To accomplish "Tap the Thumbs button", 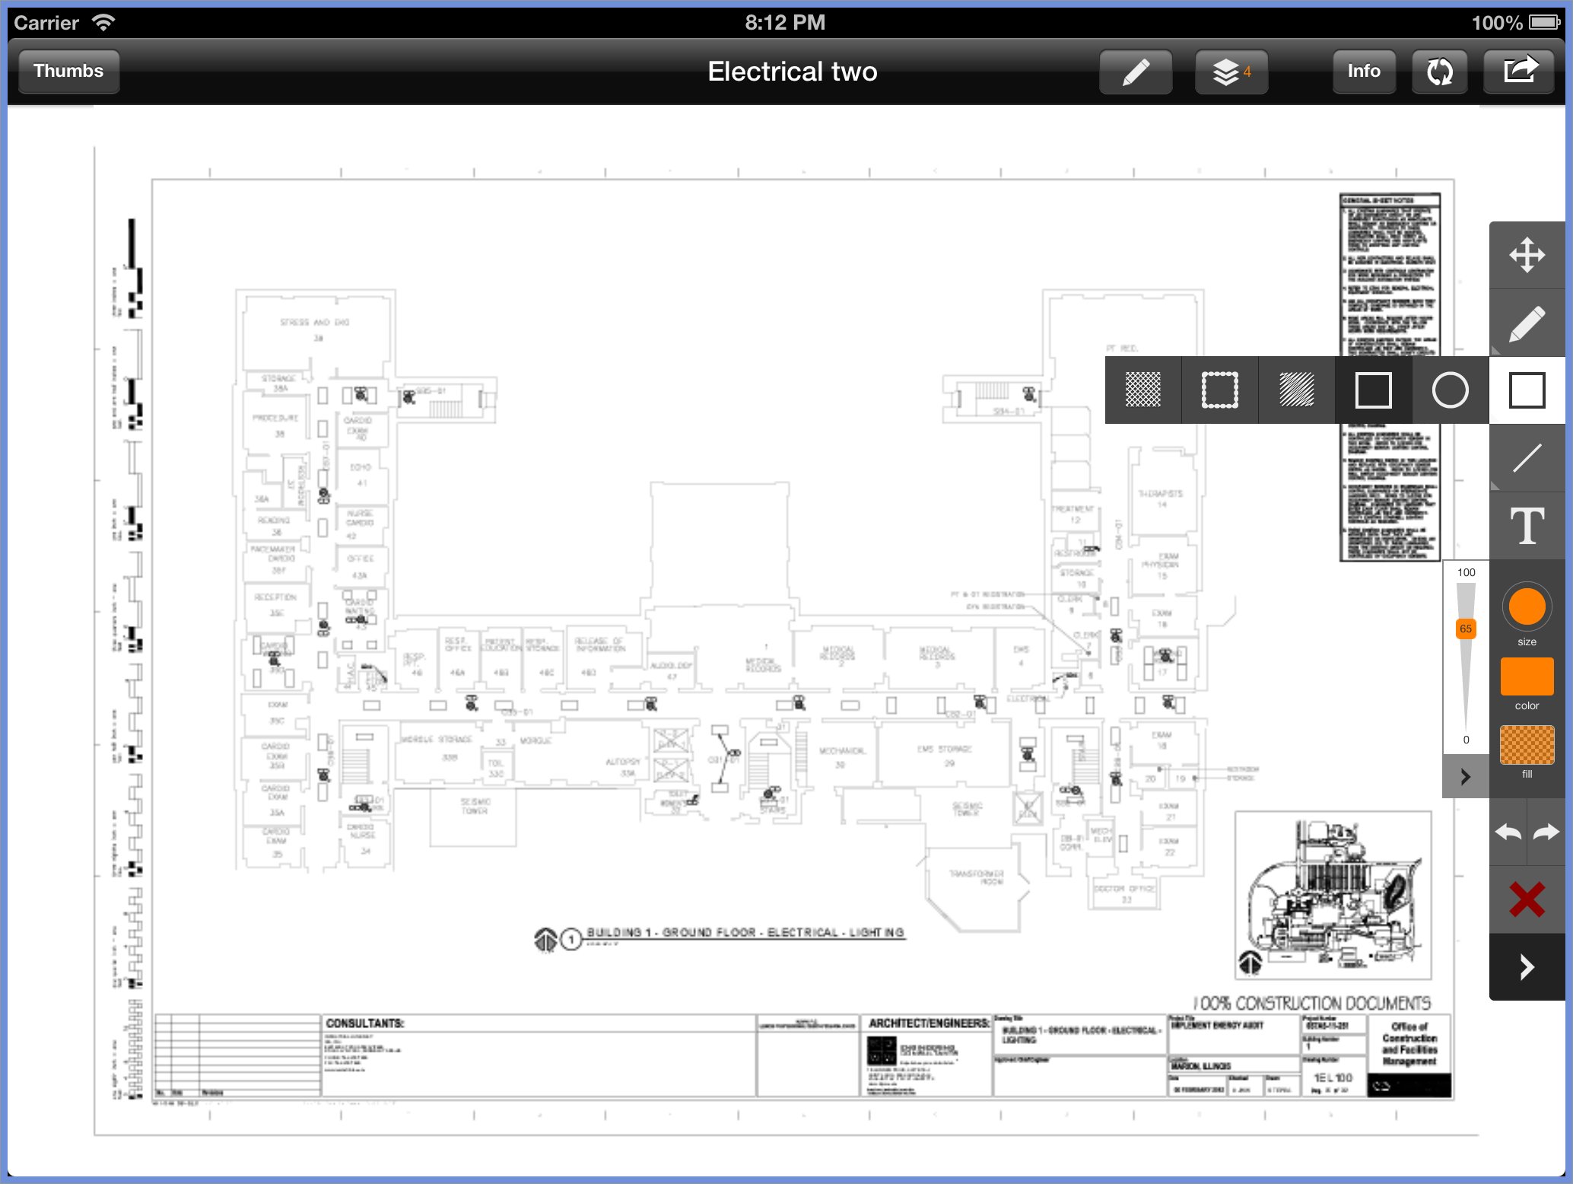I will coord(68,72).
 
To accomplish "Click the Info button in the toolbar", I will coord(1363,72).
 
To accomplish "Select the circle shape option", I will coord(1450,390).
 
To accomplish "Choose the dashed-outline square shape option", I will coord(1219,390).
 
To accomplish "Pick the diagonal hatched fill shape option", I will coord(1296,390).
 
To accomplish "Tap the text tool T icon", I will coord(1527,526).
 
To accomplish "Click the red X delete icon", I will coord(1527,899).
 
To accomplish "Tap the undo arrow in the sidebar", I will coord(1508,832).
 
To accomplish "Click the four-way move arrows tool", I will coord(1527,255).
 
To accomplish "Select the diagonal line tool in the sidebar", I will coord(1527,458).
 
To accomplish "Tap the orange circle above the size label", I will coord(1527,606).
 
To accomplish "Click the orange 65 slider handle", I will coord(1466,629).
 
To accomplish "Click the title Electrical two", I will coord(792,72).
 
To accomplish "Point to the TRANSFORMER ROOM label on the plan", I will coord(977,877).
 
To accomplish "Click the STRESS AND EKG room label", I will coord(314,323).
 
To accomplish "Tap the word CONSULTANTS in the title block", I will coord(365,1023).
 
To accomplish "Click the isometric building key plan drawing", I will coord(1333,894).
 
